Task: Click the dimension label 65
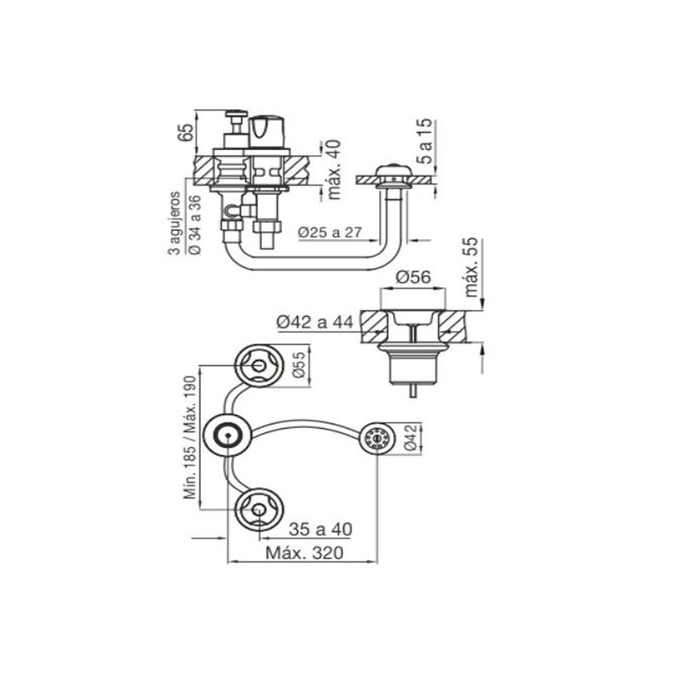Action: pos(185,133)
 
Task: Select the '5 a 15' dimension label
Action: pos(426,140)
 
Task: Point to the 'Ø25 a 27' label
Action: pos(329,232)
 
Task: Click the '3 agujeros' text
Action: pos(175,223)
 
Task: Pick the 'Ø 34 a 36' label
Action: pos(196,224)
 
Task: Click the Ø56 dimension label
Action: pos(413,277)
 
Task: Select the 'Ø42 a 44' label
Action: pos(315,322)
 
